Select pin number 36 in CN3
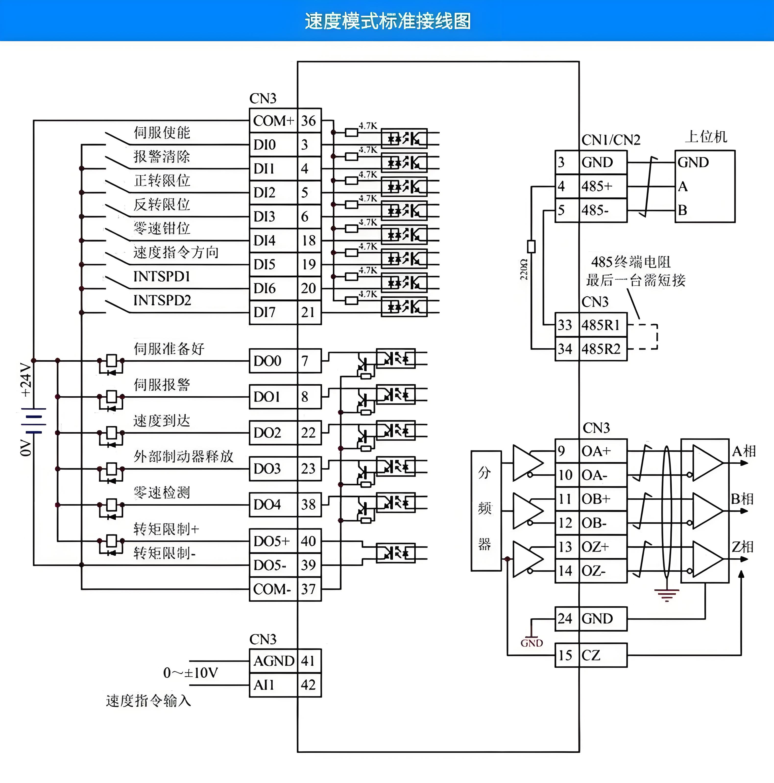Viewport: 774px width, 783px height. [x=309, y=121]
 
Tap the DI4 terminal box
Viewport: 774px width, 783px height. [x=265, y=241]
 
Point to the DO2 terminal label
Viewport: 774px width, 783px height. [x=267, y=433]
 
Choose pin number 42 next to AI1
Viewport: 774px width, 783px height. [x=308, y=685]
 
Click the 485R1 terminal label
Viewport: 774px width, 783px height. [x=601, y=325]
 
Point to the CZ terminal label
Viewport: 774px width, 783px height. [x=591, y=655]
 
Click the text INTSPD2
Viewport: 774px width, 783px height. [x=162, y=300]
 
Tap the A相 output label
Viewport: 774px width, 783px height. [x=744, y=451]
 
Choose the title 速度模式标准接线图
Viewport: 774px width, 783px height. [x=387, y=21]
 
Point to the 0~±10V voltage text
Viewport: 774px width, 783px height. [x=191, y=673]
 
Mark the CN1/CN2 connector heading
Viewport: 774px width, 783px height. [x=611, y=140]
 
